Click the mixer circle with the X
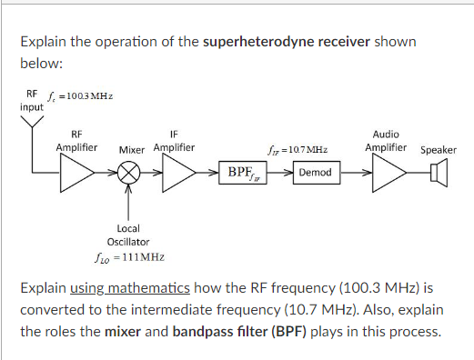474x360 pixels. click(x=129, y=173)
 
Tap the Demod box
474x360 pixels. click(x=316, y=173)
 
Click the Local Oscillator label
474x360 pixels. click(x=128, y=235)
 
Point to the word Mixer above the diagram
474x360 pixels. click(x=134, y=149)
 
